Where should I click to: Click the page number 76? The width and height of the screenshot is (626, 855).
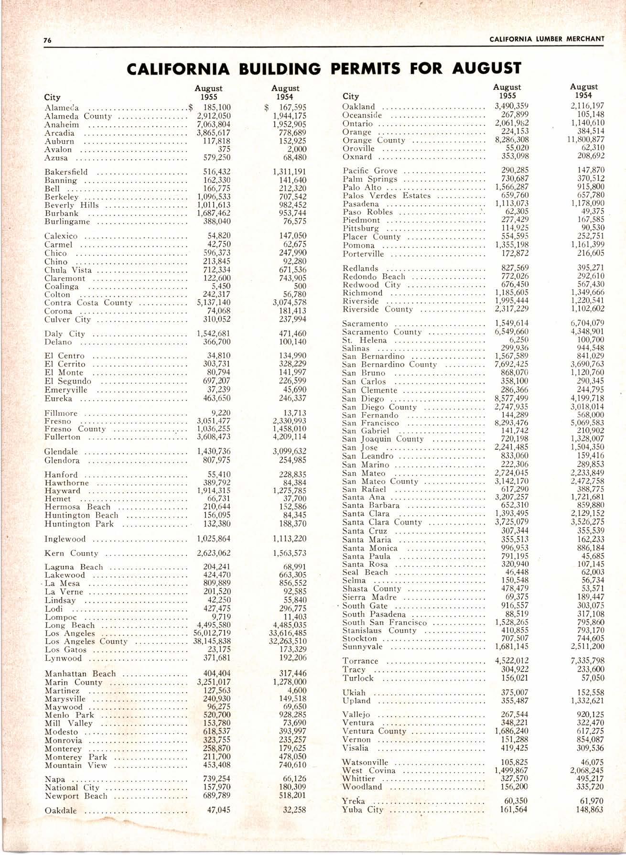(47, 40)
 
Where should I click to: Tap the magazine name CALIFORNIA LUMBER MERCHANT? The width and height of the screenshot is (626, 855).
(547, 39)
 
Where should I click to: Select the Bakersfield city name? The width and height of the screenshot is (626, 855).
(66, 172)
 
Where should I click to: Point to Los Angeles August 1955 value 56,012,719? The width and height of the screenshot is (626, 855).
(212, 633)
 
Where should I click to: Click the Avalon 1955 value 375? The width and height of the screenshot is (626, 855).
(224, 149)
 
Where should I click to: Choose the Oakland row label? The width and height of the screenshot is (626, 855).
(359, 107)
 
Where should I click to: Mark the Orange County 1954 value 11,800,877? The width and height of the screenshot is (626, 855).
(584, 140)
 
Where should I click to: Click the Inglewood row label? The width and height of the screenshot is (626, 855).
(65, 539)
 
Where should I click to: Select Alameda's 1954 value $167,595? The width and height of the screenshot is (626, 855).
(289, 108)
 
